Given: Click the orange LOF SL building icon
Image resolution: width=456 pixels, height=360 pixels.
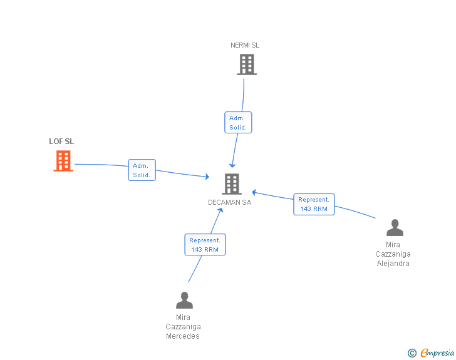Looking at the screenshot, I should pos(63,161).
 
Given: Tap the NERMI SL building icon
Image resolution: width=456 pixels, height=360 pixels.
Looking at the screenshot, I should pos(247,64).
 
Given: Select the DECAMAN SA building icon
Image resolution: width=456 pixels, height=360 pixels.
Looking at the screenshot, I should pos(232,184).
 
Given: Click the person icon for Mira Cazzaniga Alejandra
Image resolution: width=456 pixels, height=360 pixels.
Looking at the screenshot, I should pos(395,228).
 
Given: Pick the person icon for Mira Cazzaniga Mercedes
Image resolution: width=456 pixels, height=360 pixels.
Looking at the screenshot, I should pos(184,301).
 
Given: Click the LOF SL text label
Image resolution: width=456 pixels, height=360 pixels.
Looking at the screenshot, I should pos(61,141).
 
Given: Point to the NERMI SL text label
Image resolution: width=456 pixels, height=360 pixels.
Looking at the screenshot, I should pos(245,45).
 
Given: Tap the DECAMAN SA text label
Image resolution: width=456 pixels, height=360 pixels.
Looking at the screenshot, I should pos(230,202).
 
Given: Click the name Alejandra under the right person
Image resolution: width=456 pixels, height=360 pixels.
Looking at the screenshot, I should pos(393,264).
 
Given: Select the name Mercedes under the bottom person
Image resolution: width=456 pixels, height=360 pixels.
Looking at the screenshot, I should pos(183,336).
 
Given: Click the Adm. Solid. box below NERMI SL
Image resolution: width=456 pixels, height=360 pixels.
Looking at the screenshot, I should pos(238,123).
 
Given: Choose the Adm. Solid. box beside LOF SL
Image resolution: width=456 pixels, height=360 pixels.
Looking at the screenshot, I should pos(142,170).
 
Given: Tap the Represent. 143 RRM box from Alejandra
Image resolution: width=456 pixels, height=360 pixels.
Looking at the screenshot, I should pos(314,205).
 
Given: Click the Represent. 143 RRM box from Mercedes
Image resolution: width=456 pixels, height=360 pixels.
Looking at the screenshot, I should pos(205,245).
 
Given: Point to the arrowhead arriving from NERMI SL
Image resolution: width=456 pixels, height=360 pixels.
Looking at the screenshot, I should pos(232,165).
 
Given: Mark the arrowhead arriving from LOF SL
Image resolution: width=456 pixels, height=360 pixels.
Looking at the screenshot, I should pos(207,178).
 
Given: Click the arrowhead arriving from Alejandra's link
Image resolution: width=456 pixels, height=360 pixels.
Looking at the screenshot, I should pos(254,192).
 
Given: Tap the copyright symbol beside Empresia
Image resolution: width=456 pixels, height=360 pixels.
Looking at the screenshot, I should pos(412,354).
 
